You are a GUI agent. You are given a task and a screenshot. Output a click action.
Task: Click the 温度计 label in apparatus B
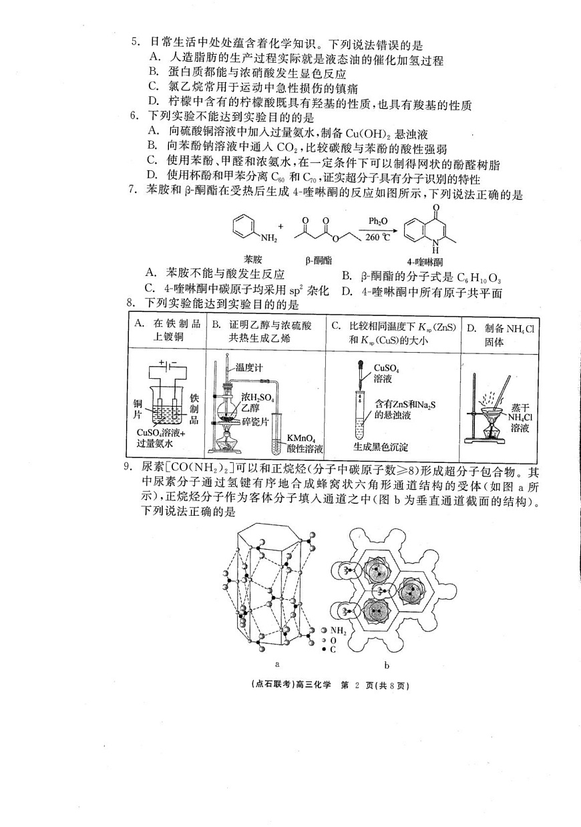point(248,367)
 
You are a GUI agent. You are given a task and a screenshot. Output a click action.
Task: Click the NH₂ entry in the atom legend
point(337,630)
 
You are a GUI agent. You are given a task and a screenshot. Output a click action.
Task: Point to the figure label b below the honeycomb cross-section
point(387,665)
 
